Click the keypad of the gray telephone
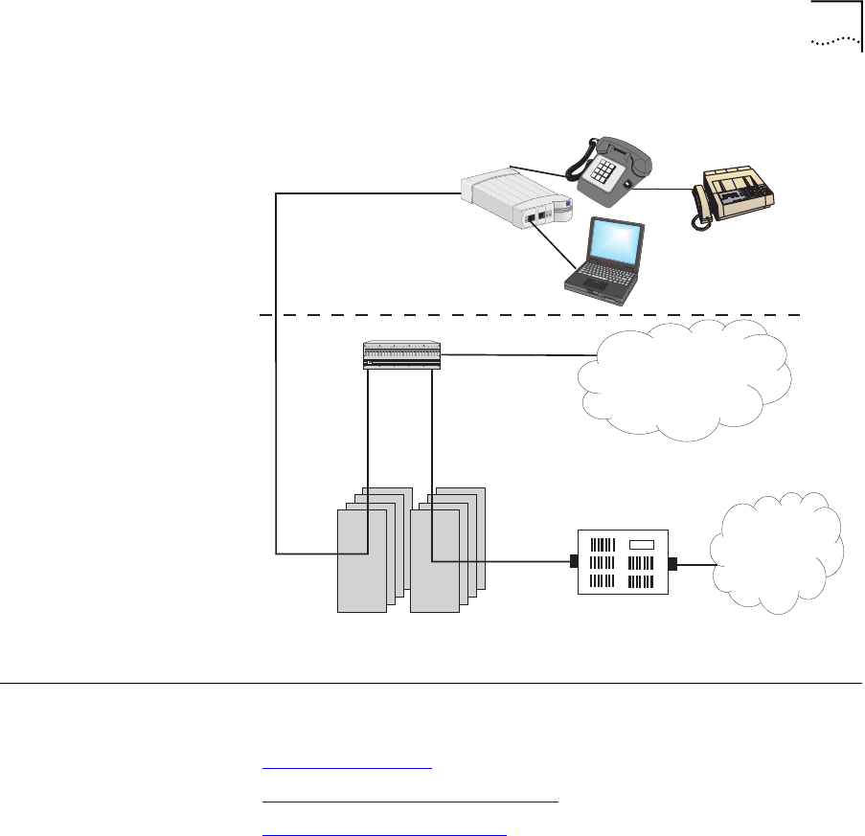tap(606, 173)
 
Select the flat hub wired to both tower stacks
tap(400, 356)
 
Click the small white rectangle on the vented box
tap(641, 545)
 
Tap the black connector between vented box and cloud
tap(673, 564)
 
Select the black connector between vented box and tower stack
tap(573, 562)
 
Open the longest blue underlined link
tap(409, 798)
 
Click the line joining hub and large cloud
tap(513, 355)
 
